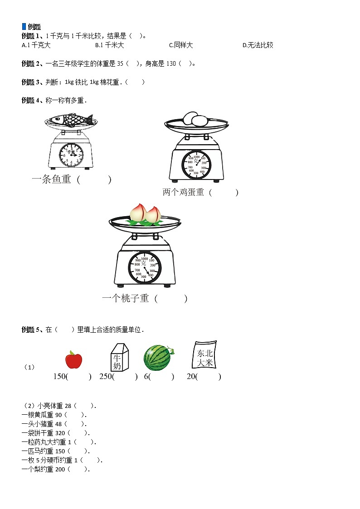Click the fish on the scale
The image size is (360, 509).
(x=70, y=120)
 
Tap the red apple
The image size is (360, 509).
(x=73, y=359)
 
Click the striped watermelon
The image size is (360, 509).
(x=157, y=358)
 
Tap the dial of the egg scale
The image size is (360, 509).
(x=196, y=164)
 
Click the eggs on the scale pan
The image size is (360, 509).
(x=195, y=119)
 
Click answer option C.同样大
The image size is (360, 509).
(x=181, y=45)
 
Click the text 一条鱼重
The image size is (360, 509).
(x=51, y=179)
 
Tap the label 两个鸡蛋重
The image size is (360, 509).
(x=183, y=192)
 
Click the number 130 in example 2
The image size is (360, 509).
(x=171, y=63)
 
